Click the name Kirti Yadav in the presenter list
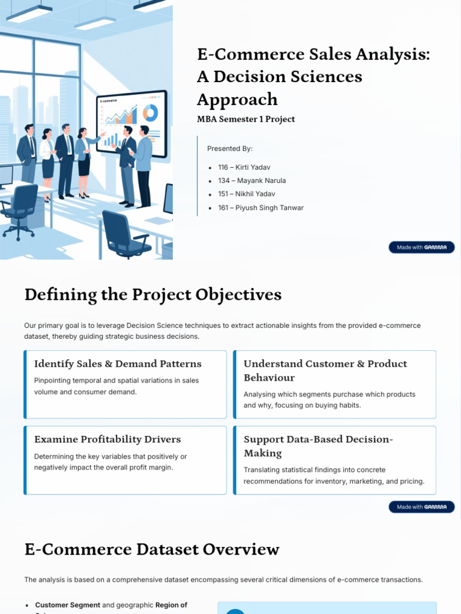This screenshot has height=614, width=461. click(x=250, y=167)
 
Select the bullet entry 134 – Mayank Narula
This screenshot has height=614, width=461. click(x=252, y=180)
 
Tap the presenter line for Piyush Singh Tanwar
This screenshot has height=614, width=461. click(x=261, y=207)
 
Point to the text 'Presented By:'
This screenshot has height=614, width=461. click(x=230, y=149)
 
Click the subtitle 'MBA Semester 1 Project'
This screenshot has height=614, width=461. click(x=246, y=119)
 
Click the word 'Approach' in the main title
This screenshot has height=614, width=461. click(x=237, y=99)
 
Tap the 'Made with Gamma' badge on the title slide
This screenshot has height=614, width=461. click(x=421, y=248)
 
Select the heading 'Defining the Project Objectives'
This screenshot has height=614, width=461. click(x=152, y=294)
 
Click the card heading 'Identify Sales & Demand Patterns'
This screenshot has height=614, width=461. click(x=118, y=363)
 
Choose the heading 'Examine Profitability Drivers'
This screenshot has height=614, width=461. click(x=107, y=439)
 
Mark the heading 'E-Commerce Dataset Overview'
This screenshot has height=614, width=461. click(x=152, y=549)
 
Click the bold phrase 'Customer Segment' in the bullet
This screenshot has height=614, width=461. click(x=67, y=605)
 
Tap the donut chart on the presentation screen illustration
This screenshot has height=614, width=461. click(x=150, y=112)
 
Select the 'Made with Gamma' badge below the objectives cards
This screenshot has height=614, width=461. click(x=421, y=507)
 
